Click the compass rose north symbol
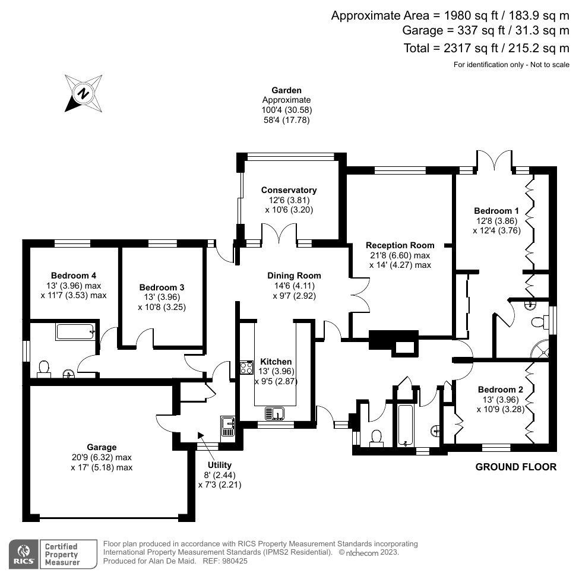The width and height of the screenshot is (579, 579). (x=84, y=93)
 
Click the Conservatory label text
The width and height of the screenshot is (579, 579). (x=289, y=190)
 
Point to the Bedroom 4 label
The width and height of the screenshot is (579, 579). (x=74, y=276)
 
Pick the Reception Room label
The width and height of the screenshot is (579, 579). (x=400, y=245)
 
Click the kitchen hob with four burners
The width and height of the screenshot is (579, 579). (x=246, y=368)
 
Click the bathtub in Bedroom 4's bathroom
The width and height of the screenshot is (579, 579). (x=75, y=331)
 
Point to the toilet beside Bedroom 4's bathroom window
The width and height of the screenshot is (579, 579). (x=43, y=369)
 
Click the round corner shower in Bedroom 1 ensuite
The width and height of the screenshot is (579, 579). (x=542, y=349)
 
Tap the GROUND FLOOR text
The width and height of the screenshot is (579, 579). (x=516, y=467)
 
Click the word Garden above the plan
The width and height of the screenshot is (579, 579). (x=287, y=91)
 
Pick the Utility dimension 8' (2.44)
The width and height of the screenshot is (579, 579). (x=220, y=475)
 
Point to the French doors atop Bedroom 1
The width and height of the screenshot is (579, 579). (x=493, y=162)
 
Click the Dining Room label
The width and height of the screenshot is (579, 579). (x=294, y=276)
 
